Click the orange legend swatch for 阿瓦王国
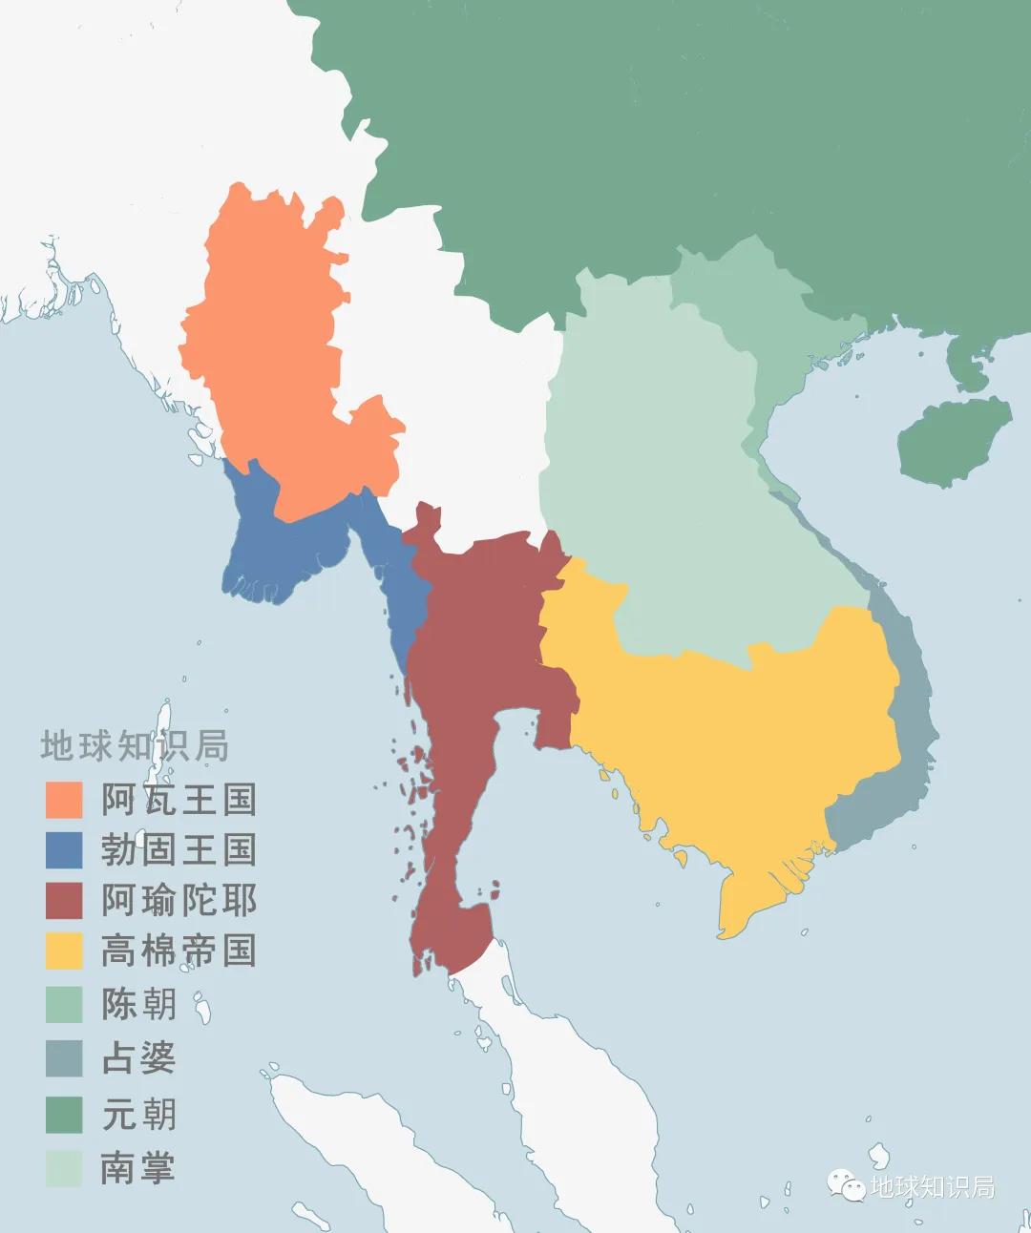(x=64, y=800)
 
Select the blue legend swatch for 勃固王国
(x=64, y=849)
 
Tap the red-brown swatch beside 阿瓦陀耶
(x=64, y=900)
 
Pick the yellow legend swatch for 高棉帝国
(x=64, y=951)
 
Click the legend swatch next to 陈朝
(x=64, y=1004)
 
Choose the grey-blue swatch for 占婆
(x=64, y=1057)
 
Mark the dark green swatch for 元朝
(x=64, y=1114)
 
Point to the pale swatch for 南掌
(x=64, y=1168)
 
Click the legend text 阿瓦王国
(x=179, y=800)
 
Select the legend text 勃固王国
(x=179, y=849)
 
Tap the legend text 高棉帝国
(x=179, y=951)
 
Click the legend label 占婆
(x=139, y=1057)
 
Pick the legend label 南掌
(x=139, y=1168)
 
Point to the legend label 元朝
(x=139, y=1114)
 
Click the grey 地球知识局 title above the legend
(x=135, y=746)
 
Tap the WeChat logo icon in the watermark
(x=846, y=1185)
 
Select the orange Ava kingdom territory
(x=277, y=363)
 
